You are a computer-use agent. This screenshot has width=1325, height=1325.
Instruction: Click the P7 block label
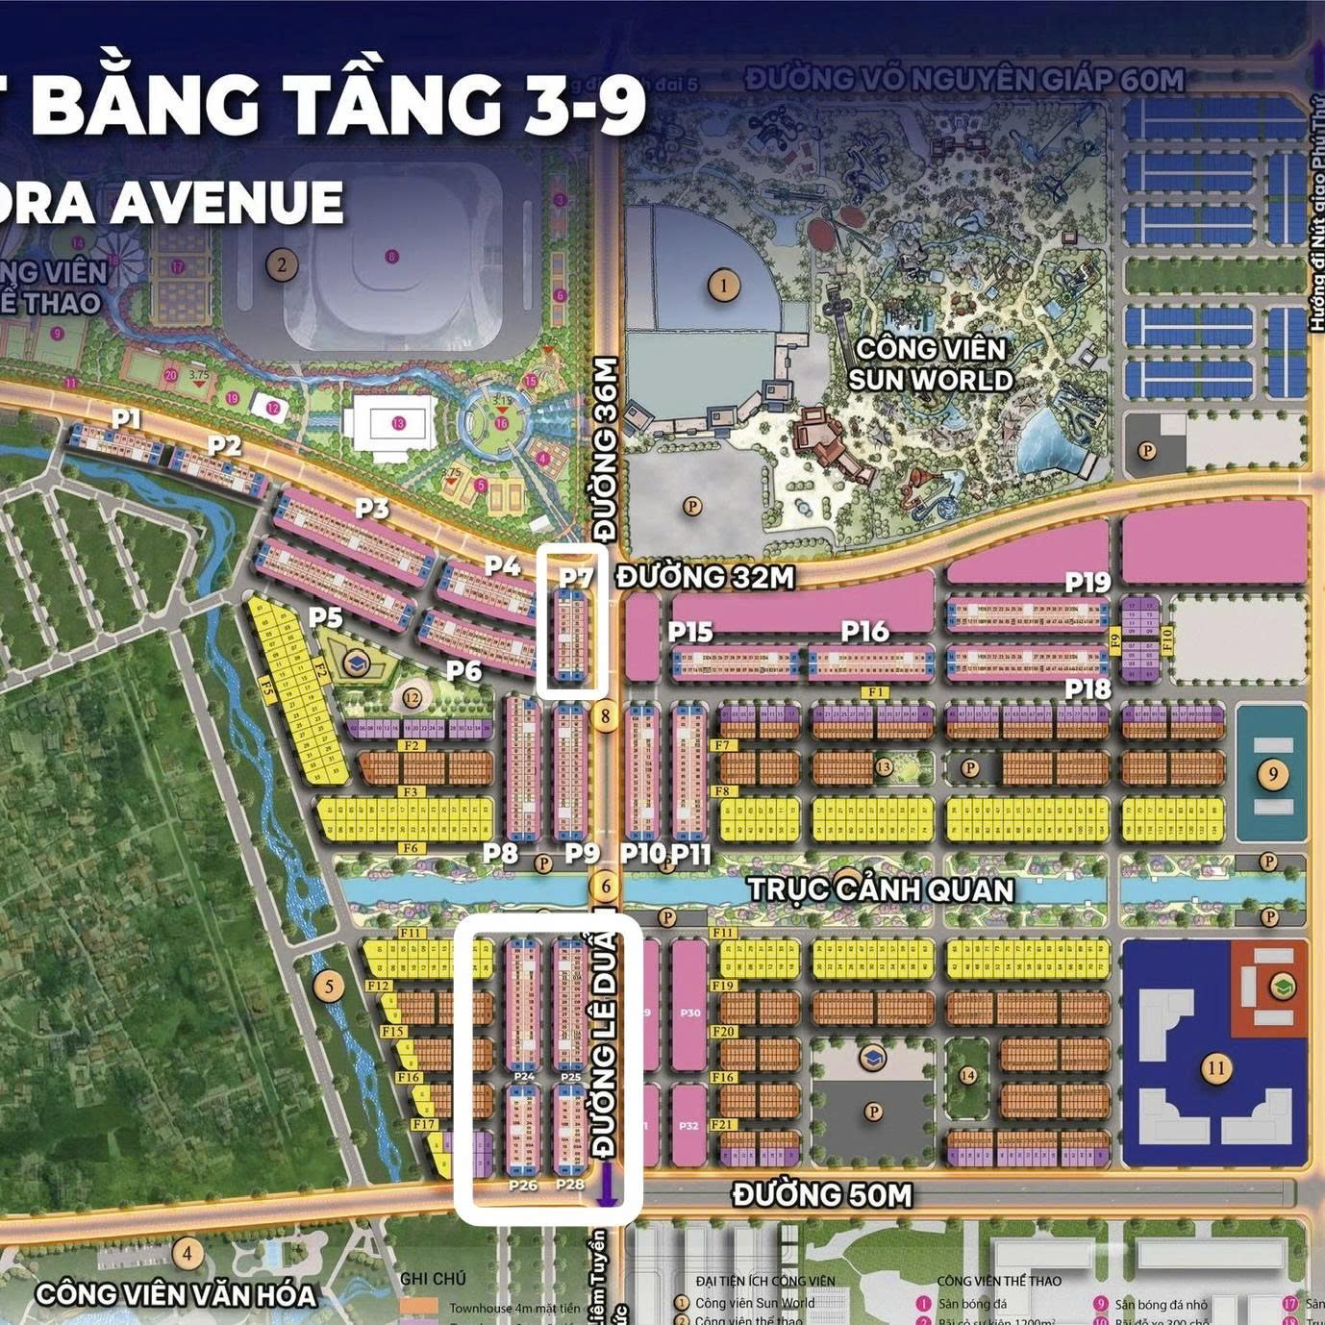[576, 577]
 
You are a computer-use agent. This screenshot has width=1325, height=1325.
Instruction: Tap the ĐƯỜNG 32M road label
[705, 577]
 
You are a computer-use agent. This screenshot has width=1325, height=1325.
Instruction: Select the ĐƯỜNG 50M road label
[822, 1195]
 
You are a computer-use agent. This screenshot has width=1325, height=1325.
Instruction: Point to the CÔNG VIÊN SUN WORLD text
[930, 364]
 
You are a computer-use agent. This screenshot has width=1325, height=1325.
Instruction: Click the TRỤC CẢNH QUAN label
[881, 889]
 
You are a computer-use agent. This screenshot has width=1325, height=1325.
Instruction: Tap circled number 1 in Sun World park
[723, 285]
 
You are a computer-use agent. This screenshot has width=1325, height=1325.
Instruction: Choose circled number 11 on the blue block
[1216, 1067]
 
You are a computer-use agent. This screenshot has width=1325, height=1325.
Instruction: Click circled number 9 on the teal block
[1273, 774]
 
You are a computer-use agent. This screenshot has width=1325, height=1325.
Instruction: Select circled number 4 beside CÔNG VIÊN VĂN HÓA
[187, 1254]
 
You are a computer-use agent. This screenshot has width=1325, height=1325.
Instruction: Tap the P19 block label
[1087, 582]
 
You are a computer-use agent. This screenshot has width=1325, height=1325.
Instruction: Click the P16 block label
[864, 631]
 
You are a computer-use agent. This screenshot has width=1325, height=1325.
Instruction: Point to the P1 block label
[126, 418]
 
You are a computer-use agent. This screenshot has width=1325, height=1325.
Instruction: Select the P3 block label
[371, 508]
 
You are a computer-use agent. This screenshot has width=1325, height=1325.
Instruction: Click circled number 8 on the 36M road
[605, 716]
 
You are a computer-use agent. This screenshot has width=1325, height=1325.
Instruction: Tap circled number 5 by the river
[329, 986]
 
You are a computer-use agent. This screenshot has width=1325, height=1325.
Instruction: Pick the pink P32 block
[688, 1125]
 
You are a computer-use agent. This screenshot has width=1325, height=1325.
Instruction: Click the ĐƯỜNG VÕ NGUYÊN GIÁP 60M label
[964, 79]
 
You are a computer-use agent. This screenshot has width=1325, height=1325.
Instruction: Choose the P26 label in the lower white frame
[523, 1186]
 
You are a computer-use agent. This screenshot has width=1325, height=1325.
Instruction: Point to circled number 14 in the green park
[967, 1075]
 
